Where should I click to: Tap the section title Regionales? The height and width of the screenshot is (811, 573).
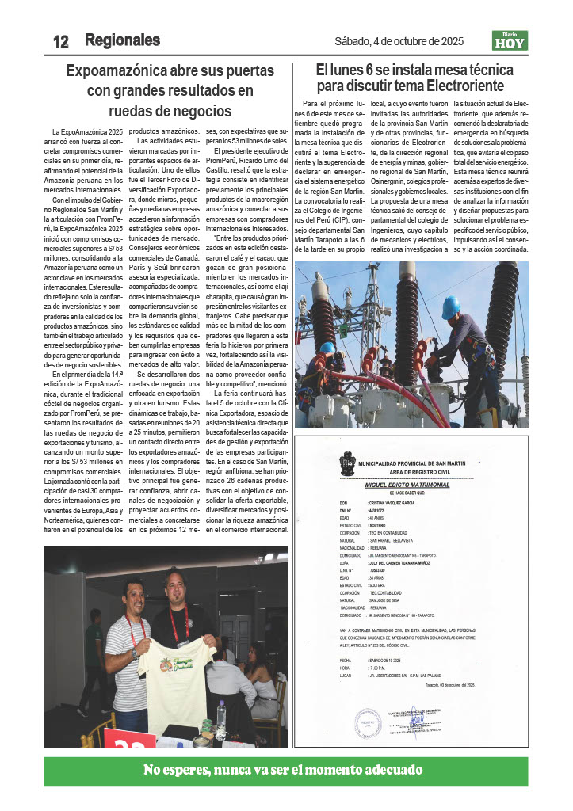coord(122,40)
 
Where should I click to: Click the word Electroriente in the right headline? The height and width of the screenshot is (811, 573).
coord(461,86)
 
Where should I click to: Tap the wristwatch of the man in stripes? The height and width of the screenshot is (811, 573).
coord(136,654)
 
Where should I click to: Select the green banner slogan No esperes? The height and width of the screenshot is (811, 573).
coord(283,770)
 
